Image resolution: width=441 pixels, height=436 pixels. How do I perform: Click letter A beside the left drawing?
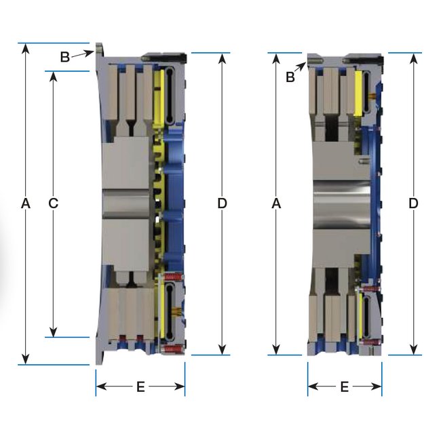tap(26, 203)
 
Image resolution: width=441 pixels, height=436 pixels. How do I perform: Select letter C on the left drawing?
tap(53, 203)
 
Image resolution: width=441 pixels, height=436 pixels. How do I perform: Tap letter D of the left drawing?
tap(222, 203)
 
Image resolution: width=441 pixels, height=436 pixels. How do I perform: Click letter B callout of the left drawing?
tap(65, 57)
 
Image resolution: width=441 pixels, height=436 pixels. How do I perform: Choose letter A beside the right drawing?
tap(276, 203)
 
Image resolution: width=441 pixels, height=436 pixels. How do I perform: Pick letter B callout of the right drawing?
tap(290, 77)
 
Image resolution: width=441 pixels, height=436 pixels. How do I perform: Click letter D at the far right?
tap(413, 203)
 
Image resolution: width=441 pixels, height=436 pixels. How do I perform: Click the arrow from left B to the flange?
tap(82, 54)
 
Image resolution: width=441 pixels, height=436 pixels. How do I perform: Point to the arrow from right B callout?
tap(300, 67)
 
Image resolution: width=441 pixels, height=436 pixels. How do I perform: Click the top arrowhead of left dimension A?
tap(26, 48)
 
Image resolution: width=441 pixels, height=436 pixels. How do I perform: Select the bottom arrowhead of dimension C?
tap(53, 332)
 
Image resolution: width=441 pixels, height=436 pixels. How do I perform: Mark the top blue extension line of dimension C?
tap(67, 71)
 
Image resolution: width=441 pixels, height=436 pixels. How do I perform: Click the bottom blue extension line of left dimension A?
tap(54, 365)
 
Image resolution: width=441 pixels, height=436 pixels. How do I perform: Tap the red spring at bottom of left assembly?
tap(172, 349)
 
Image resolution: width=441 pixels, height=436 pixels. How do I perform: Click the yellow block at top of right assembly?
tap(358, 94)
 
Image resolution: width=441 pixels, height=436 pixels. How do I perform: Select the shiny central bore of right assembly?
tap(342, 204)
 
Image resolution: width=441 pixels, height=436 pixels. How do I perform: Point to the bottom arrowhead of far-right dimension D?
tap(413, 350)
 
